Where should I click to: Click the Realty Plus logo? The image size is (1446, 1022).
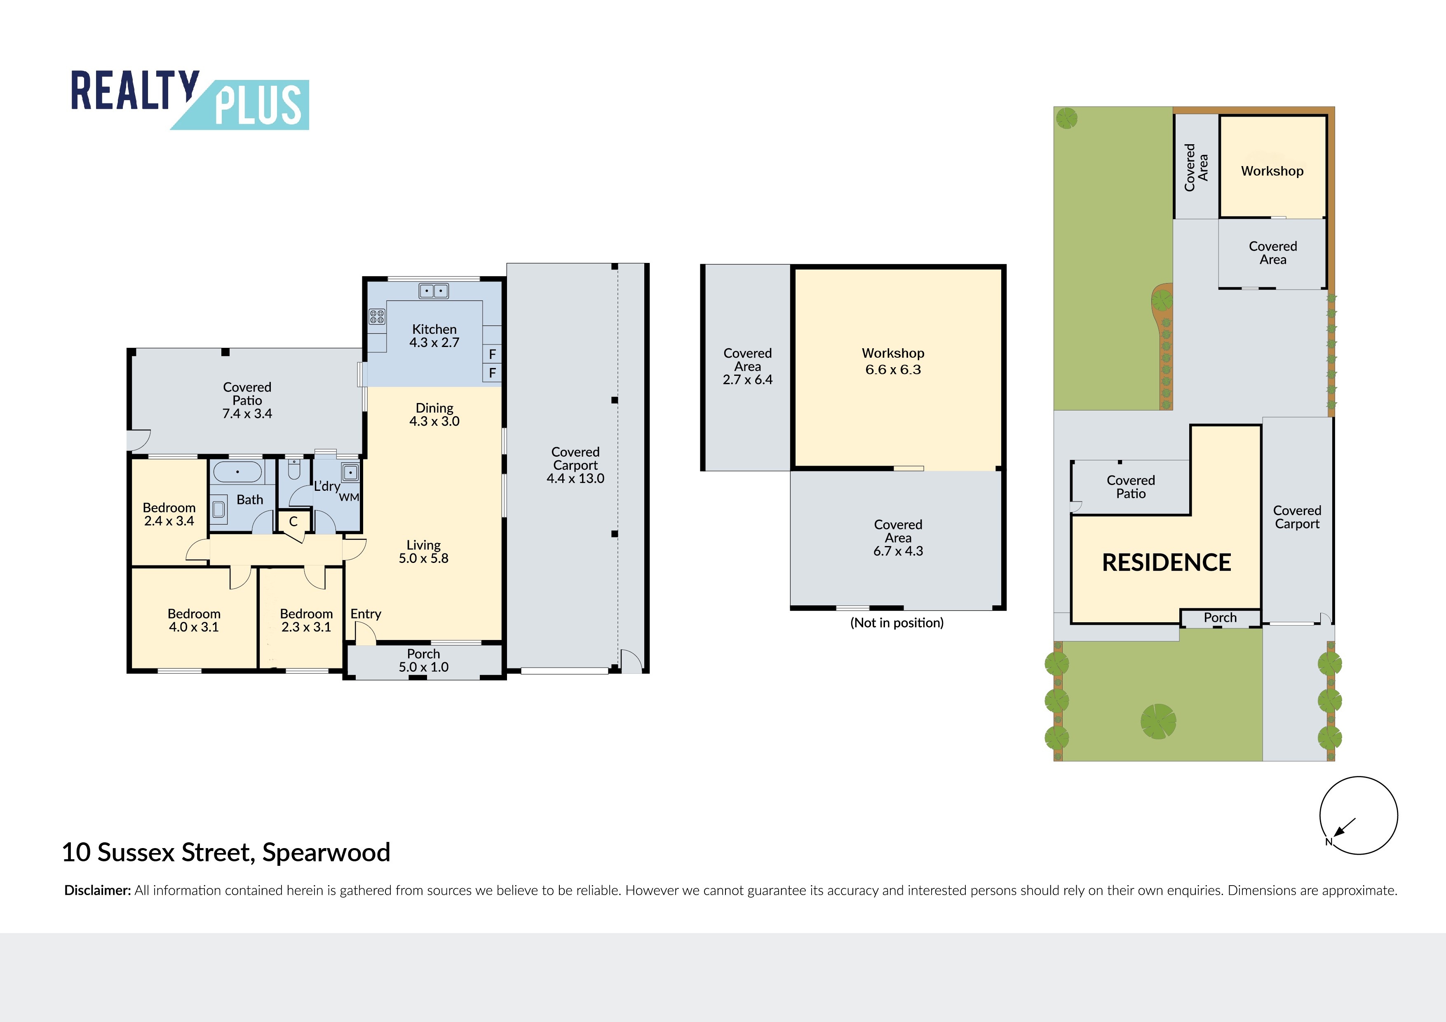[x=190, y=100]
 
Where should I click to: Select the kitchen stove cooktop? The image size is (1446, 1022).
[x=377, y=316]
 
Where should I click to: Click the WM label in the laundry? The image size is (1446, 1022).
[x=349, y=497]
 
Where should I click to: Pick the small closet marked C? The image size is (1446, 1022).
[x=293, y=521]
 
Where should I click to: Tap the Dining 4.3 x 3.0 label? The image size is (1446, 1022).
[x=434, y=414]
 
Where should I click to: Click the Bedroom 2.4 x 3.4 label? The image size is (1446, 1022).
[x=169, y=514]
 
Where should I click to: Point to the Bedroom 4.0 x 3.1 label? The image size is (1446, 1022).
[x=194, y=620]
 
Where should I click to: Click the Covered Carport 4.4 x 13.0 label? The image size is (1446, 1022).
[x=575, y=465]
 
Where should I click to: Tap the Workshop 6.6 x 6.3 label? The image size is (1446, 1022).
[x=893, y=361]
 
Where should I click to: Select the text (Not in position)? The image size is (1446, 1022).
[x=897, y=623]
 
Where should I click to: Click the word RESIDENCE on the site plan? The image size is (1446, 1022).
[x=1167, y=563]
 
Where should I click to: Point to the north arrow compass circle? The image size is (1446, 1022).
[x=1359, y=816]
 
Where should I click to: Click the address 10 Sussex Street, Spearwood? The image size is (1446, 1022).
[x=226, y=853]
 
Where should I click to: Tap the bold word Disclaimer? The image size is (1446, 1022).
[x=98, y=891]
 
